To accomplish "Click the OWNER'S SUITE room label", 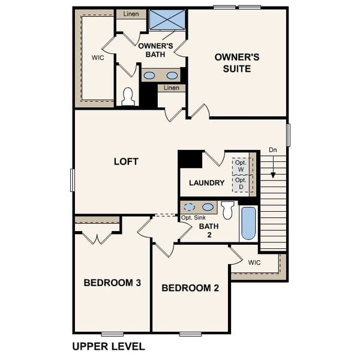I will (237, 62).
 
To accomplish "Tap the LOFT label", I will (126, 161).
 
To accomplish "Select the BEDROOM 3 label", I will (112, 283).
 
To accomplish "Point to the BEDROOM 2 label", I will (190, 288).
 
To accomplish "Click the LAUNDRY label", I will (206, 183).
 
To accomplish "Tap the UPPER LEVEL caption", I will (109, 346).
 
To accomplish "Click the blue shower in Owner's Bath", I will (167, 19).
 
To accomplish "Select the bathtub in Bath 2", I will (248, 223).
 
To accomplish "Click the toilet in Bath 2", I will (227, 211).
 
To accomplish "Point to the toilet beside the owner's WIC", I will (128, 97).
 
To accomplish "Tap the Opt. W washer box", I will (241, 165).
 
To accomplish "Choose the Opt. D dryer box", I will (241, 183).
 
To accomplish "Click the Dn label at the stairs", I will (273, 150).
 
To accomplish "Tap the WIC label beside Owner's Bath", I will (98, 58).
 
